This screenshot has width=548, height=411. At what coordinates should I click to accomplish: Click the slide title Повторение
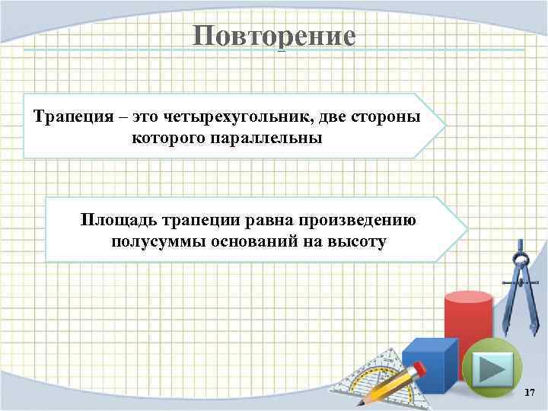[x=273, y=36]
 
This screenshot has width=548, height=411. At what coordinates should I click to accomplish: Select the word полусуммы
[x=151, y=242]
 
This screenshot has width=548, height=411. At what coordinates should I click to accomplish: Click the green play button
[x=492, y=368]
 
